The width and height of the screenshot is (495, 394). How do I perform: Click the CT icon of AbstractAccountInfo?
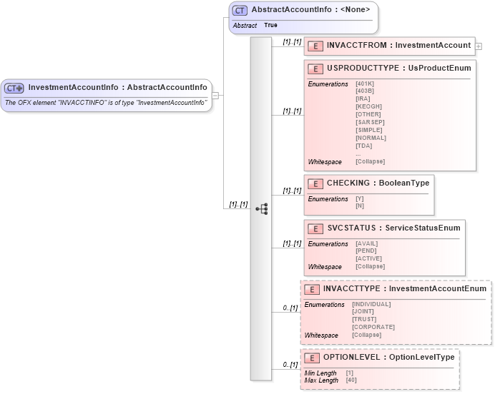pos(240,11)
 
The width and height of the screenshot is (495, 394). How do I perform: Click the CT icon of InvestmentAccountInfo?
pos(14,88)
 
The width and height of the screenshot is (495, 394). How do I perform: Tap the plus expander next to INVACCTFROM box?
pos(479,46)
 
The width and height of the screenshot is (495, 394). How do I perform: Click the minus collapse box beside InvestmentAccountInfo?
pos(215,96)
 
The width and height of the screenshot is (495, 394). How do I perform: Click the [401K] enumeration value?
pos(365,84)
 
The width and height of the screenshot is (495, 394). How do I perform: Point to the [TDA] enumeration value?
pos(363,146)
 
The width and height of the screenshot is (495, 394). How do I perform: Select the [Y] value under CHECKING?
pos(360,199)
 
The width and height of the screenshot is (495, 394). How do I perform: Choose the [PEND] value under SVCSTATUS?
pos(366,251)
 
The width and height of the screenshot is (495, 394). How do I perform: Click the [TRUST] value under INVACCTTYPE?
pos(365,319)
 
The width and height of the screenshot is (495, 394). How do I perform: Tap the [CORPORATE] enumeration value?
pos(373,327)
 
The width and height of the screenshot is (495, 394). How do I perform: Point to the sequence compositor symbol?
pos(261,208)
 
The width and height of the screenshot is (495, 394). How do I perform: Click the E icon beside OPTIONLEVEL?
pos(312,358)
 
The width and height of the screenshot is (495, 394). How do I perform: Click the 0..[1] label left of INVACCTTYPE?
pos(290,308)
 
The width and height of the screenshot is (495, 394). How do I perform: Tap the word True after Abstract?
pos(270,25)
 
